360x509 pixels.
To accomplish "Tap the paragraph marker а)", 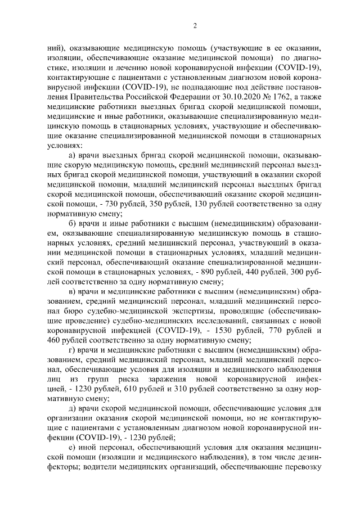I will tap(71, 154).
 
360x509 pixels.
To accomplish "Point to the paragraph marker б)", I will tap(71, 231).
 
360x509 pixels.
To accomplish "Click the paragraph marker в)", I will tap(71, 291).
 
